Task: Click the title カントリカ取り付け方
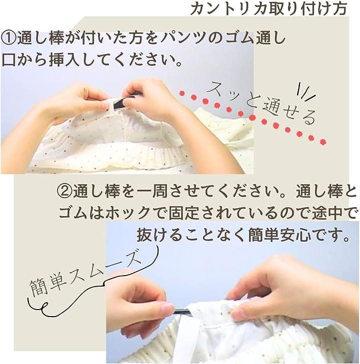(269, 9)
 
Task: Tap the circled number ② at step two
(64, 191)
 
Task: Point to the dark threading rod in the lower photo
(182, 311)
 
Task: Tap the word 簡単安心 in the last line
(280, 235)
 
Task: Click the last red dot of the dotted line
(323, 142)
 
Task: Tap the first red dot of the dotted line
(182, 93)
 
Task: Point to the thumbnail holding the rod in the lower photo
(167, 308)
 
